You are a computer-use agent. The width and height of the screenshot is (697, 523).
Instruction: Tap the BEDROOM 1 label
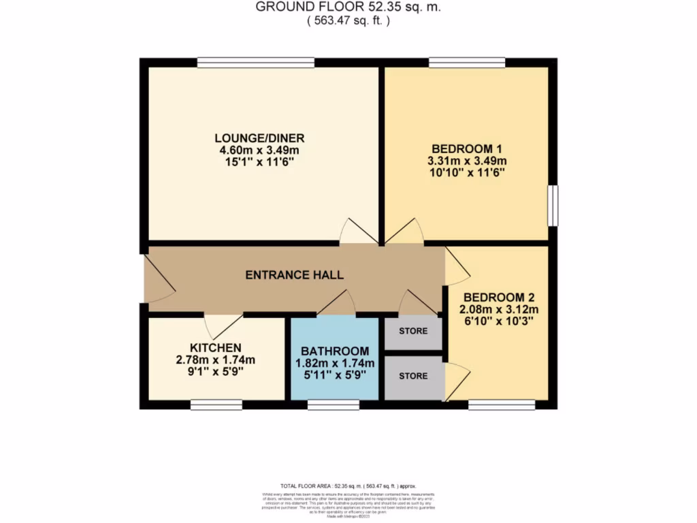(x=466, y=148)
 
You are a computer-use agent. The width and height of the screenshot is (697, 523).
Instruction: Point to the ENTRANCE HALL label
(x=294, y=275)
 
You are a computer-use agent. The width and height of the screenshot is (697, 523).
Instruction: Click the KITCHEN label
(x=215, y=347)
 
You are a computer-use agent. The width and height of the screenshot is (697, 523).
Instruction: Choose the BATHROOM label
(x=335, y=351)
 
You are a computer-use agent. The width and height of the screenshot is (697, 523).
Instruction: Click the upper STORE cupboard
(x=413, y=332)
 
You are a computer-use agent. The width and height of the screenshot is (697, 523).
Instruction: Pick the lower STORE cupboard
(x=413, y=376)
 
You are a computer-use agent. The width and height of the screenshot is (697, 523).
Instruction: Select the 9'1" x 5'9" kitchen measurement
(x=215, y=372)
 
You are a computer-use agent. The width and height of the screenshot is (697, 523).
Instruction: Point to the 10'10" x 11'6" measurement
(x=466, y=173)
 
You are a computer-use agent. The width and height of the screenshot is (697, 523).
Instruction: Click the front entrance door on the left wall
(x=157, y=279)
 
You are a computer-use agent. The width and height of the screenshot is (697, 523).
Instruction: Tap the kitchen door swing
(x=223, y=324)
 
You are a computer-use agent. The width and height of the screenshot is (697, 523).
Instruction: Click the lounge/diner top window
(x=256, y=63)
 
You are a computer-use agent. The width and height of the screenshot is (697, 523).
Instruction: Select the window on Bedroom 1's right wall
(x=555, y=205)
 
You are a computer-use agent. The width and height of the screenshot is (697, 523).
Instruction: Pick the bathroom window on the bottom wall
(x=333, y=405)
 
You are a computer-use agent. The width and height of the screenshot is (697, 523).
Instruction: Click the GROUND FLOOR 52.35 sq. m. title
(x=348, y=7)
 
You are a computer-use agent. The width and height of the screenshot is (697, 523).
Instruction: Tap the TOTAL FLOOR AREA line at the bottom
(x=348, y=486)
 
